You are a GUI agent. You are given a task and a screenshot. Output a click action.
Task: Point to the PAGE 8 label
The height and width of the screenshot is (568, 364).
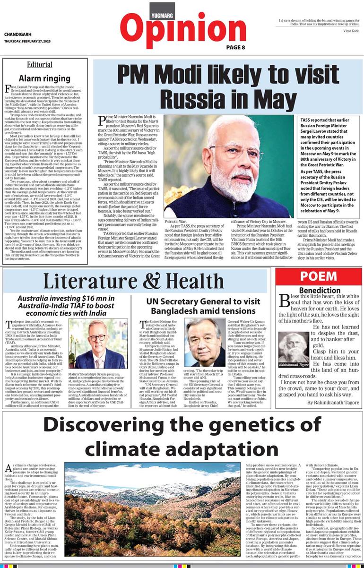click(235, 47)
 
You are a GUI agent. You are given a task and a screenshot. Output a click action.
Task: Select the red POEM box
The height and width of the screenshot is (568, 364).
click(312, 277)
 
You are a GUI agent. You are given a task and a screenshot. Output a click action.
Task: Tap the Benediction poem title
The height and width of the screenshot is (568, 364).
click(319, 290)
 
